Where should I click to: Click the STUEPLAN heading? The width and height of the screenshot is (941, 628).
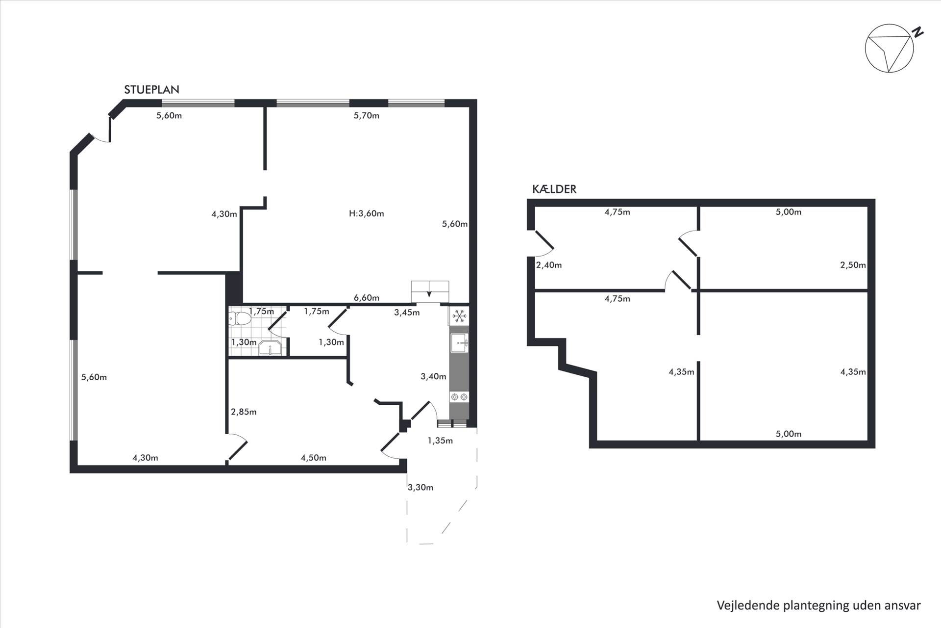tap(151, 90)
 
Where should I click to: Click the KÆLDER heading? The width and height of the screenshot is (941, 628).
tap(554, 189)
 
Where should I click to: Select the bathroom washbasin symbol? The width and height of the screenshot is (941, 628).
tap(270, 348)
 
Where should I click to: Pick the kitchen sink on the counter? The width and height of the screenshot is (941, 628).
tap(459, 342)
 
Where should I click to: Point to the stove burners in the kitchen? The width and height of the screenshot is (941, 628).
tap(459, 397)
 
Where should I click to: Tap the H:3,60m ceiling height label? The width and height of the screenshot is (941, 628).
tap(366, 213)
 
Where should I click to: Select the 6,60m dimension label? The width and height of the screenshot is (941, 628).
tap(367, 298)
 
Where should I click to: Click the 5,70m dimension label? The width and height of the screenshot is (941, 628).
tap(367, 116)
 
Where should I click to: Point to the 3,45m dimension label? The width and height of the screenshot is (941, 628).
tap(407, 313)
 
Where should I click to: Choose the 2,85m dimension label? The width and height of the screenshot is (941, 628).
tap(244, 412)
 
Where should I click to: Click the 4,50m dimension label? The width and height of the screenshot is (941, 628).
tap(314, 458)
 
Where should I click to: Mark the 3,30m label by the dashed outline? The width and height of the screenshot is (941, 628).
tap(421, 487)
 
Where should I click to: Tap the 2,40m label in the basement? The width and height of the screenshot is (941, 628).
tap(549, 265)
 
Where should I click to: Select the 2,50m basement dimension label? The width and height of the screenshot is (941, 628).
tap(853, 265)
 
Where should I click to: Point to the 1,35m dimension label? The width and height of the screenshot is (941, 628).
tap(440, 441)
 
